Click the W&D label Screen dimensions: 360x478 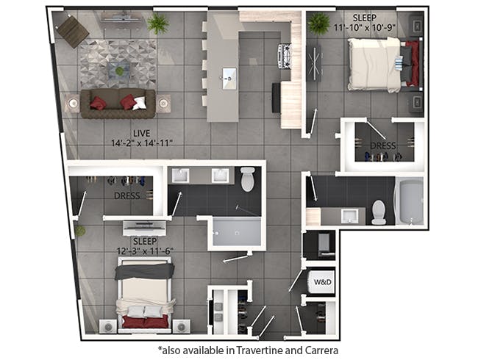pos(322,281)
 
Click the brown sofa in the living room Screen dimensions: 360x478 pos(118,104)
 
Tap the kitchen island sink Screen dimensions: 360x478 pos(229,73)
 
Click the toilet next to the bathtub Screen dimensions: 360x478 pos(379,212)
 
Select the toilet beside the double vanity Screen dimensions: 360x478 pos(247,179)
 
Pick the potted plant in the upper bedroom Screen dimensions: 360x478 pos(318,24)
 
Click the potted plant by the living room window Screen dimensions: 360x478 pos(157,24)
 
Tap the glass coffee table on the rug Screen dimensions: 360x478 pos(118,70)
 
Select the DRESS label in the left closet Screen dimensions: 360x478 pos(128,195)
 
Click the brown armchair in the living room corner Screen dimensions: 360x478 pos(73,30)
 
